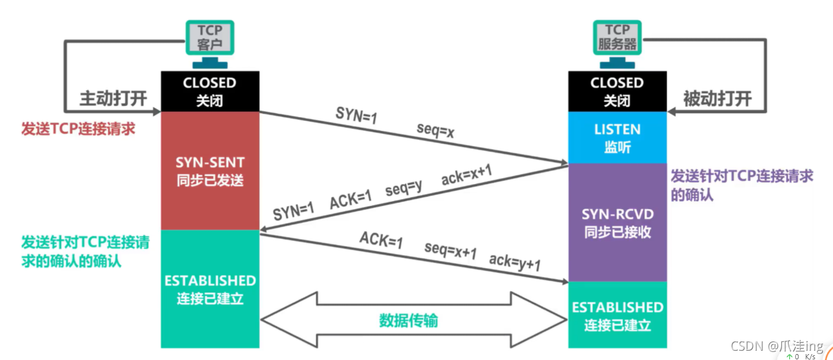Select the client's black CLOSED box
click(x=210, y=91)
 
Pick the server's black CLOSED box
click(x=617, y=91)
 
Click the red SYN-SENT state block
click(x=210, y=171)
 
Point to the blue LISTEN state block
click(x=617, y=138)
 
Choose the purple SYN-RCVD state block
click(x=617, y=223)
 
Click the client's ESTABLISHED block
click(x=210, y=289)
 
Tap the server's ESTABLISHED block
click(x=617, y=316)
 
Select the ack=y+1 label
click(x=515, y=262)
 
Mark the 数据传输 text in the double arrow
click(x=408, y=320)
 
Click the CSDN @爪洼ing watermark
click(x=777, y=346)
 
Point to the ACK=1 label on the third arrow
click(x=380, y=240)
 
